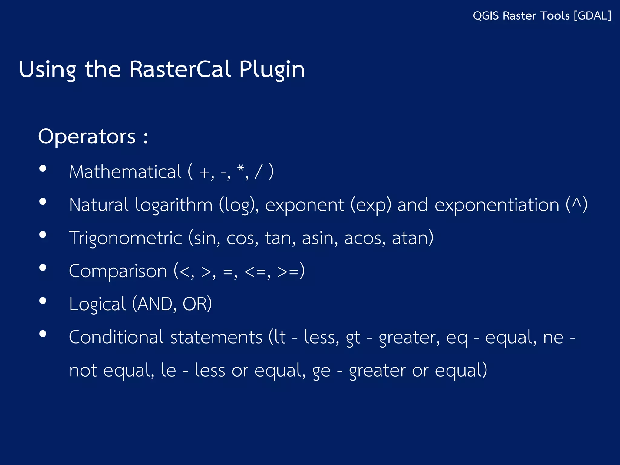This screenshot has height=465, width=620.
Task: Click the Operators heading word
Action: [87, 137]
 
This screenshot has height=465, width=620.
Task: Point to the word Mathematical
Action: [125, 172]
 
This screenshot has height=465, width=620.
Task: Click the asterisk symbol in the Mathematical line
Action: [241, 168]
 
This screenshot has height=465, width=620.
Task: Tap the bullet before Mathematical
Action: [43, 169]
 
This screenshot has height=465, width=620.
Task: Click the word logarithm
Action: [174, 205]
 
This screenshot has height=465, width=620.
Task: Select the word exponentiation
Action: [497, 205]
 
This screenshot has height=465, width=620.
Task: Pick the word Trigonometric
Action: [125, 238]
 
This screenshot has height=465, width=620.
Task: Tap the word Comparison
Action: [118, 271]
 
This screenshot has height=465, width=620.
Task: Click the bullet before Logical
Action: [43, 301]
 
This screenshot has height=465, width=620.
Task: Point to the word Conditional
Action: [116, 337]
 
